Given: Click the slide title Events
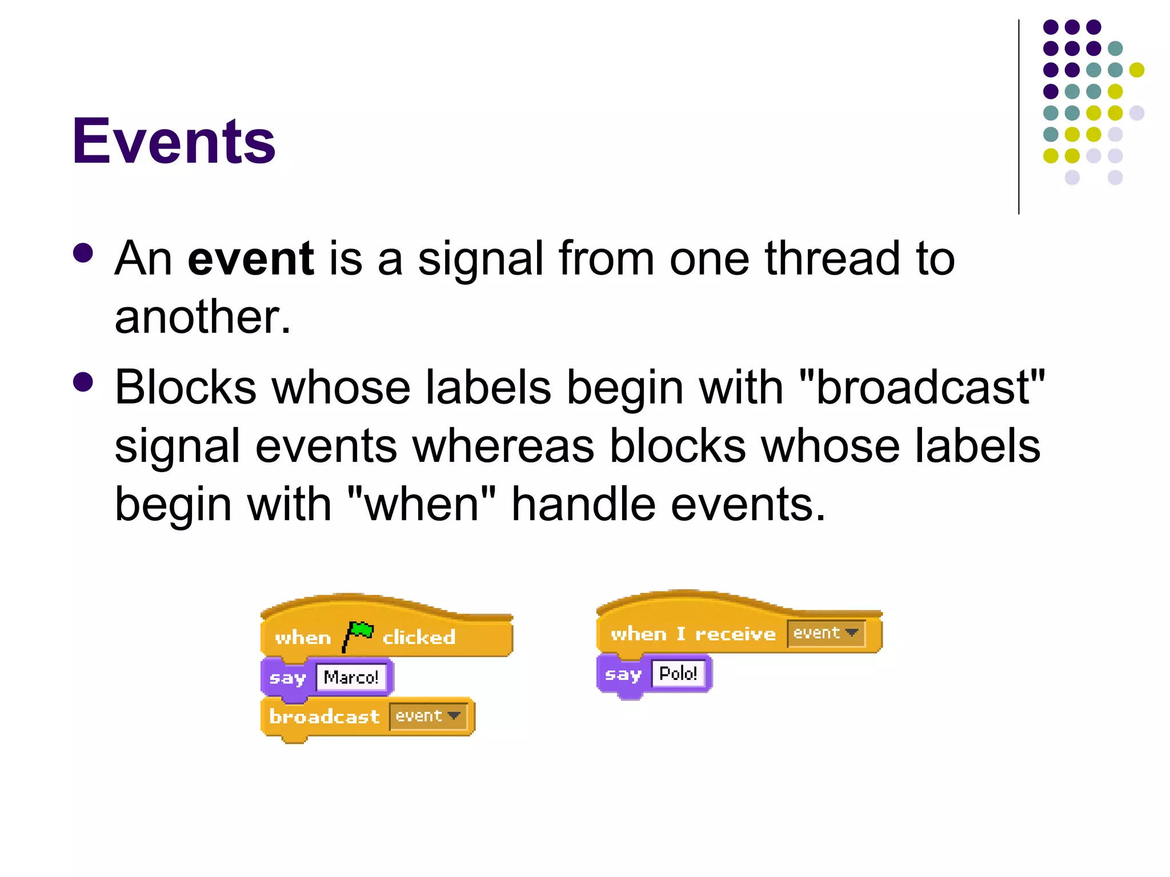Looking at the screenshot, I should [x=174, y=141].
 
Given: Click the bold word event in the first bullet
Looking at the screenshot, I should [x=250, y=259].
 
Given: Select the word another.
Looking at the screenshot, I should [x=202, y=317].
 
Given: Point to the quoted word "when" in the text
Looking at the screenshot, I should [x=421, y=504].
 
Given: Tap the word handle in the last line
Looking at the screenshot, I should [x=583, y=504].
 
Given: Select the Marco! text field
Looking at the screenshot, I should [x=351, y=677].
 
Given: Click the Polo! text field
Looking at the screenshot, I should [x=678, y=674].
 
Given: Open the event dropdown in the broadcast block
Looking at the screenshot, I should [x=428, y=716].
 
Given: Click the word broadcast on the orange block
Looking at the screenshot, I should [x=324, y=717].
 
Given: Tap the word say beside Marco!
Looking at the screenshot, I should [x=287, y=678].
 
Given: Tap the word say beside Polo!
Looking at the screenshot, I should [x=623, y=674].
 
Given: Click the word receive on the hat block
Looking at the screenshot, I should [x=735, y=634].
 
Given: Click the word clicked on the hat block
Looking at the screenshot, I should [x=419, y=637].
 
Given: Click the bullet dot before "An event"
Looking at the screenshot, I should [x=83, y=253].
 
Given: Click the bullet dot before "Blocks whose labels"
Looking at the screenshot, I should [x=83, y=382].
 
